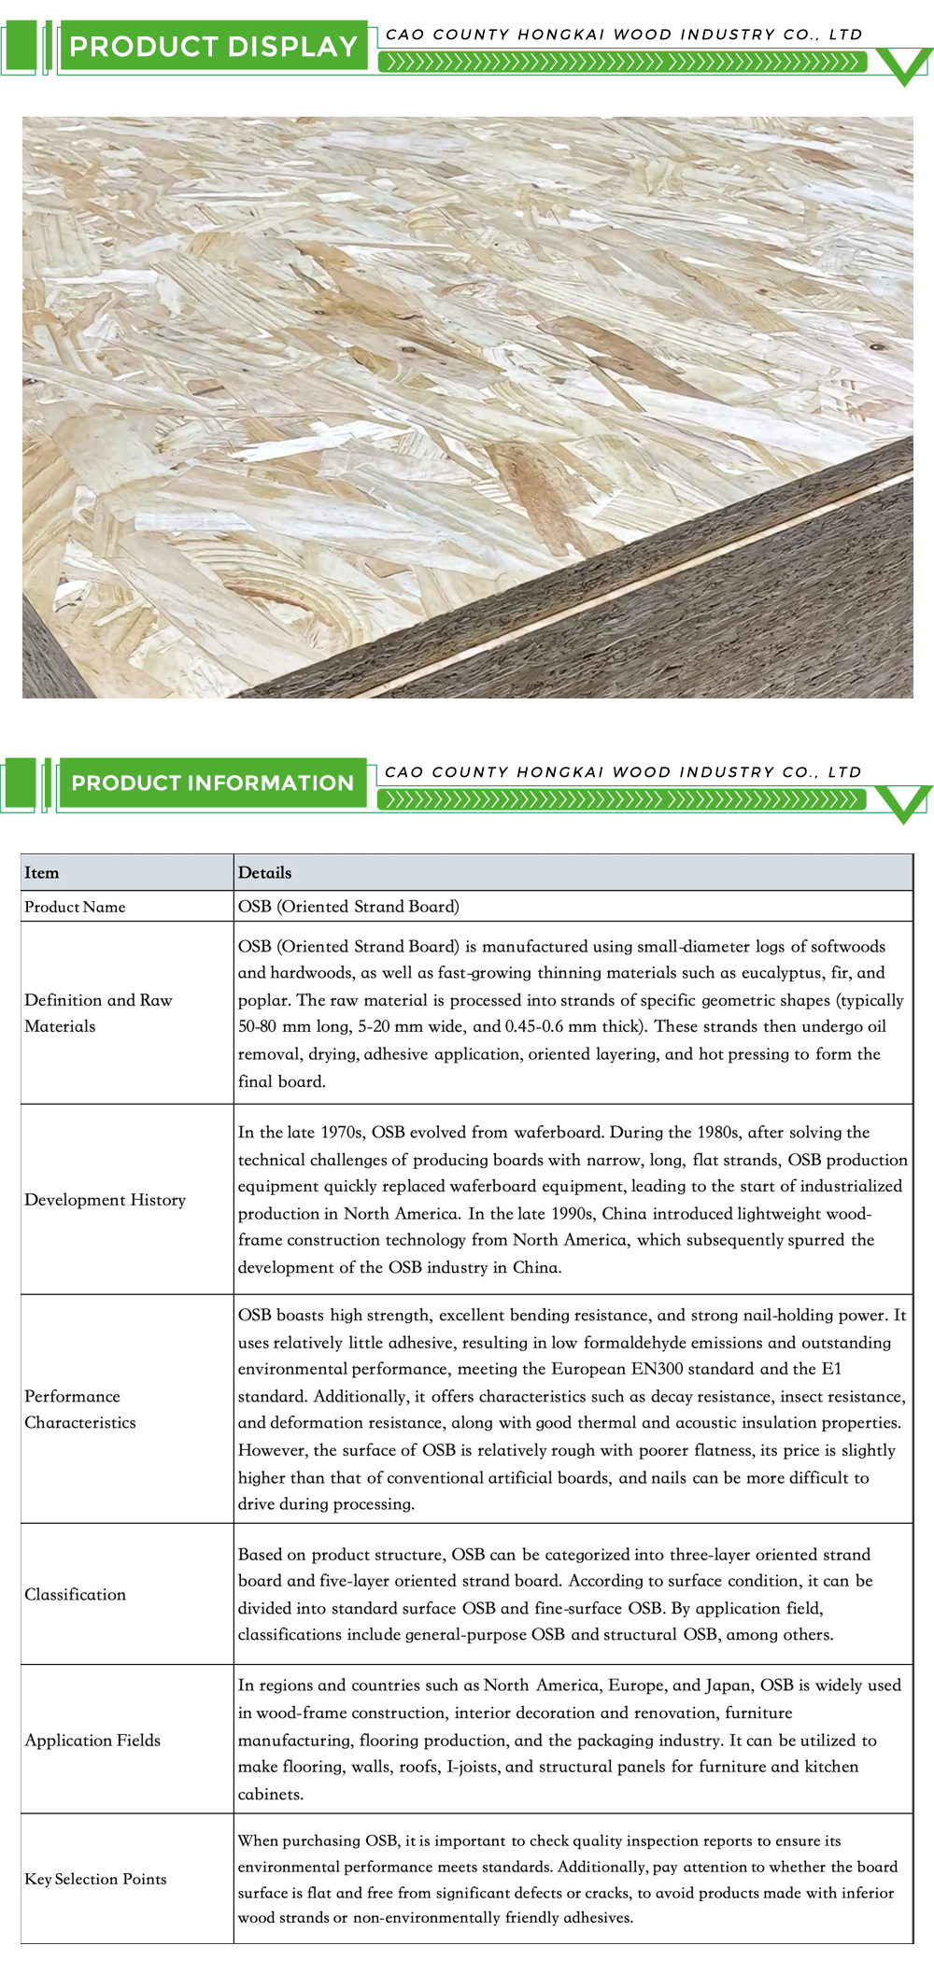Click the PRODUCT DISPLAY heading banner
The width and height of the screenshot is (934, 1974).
(x=213, y=46)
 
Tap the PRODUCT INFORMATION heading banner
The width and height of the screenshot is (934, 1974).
(x=212, y=783)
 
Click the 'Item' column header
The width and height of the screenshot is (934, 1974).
(x=41, y=873)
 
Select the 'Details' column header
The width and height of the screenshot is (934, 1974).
(x=264, y=873)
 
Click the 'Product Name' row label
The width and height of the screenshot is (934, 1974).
(x=75, y=907)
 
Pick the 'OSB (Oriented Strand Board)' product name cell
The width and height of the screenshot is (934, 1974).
(x=348, y=907)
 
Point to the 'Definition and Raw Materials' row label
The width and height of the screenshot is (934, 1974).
(x=98, y=1013)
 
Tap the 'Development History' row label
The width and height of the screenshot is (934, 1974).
(x=105, y=1200)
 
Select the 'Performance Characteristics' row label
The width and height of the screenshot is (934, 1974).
(x=80, y=1409)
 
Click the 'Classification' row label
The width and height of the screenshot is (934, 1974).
(x=75, y=1594)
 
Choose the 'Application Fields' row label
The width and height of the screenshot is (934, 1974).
(x=92, y=1740)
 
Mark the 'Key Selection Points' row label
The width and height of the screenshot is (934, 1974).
(x=95, y=1879)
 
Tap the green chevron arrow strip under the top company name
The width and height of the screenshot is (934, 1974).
(x=621, y=63)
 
